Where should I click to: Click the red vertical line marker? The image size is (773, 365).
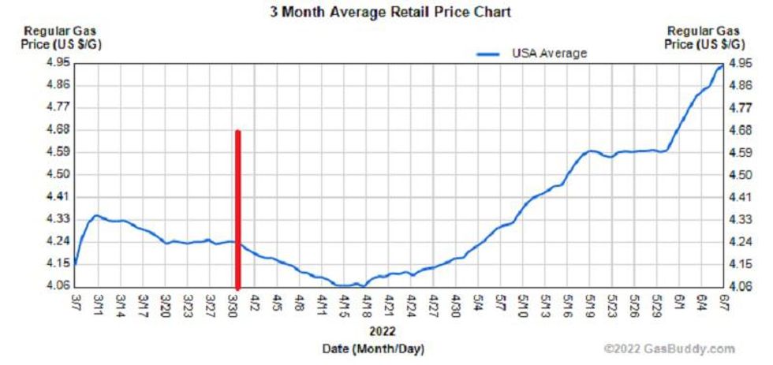pos(237,209)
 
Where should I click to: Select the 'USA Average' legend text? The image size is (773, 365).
pos(550,53)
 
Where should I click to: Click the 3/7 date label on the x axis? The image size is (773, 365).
pos(75,304)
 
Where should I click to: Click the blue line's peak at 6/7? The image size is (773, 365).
pos(722,66)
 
